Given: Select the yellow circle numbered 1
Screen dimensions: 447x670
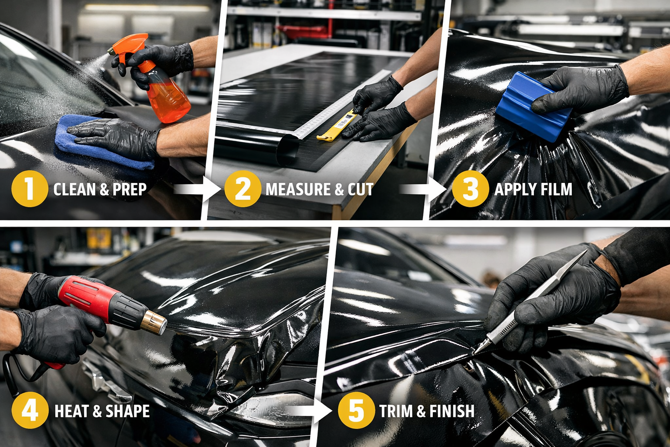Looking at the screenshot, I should tap(29, 189).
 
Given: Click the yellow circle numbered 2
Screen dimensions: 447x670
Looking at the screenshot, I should tap(243, 189).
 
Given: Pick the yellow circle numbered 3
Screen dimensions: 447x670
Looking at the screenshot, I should tap(470, 189).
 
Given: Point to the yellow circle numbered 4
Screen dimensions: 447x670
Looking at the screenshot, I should tap(29, 411).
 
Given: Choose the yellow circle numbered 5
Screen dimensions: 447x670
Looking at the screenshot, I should tap(356, 411).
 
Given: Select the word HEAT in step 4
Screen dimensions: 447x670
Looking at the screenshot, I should tap(71, 411).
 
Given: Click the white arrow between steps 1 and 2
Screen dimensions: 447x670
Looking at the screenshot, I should tap(197, 189).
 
